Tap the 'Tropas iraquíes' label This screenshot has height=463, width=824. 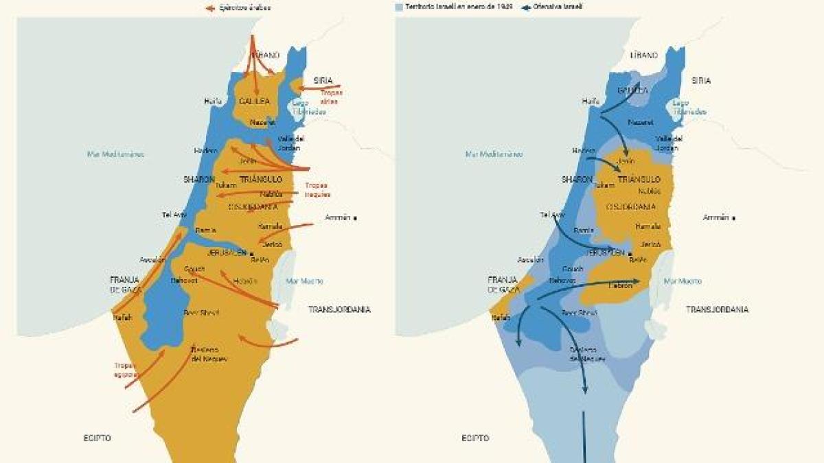point(317,189)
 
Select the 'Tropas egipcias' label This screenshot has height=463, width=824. point(126,370)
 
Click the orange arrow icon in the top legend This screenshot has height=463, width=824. point(211,8)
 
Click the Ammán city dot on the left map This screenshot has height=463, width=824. point(355,218)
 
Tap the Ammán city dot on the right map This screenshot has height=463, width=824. point(733,218)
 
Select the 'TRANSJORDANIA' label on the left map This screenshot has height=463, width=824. point(339,309)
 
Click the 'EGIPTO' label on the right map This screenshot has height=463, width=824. point(475,438)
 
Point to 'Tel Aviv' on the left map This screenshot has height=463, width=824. point(174,215)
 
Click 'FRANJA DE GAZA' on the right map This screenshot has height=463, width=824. point(503,285)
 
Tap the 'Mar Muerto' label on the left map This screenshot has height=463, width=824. point(304,281)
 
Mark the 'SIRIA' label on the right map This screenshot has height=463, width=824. point(701,80)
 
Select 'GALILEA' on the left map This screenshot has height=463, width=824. point(254,101)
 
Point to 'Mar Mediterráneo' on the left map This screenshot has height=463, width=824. point(115,154)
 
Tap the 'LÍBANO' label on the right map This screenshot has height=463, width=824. point(644,55)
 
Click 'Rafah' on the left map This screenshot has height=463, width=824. point(122,317)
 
